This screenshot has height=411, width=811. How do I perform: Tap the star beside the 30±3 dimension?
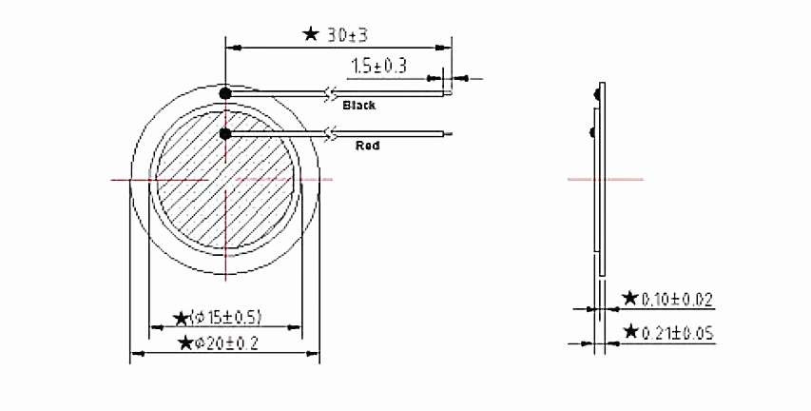tap(311, 34)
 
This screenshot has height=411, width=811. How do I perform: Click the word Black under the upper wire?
tap(358, 106)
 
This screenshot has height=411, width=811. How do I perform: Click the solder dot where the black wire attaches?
tap(225, 93)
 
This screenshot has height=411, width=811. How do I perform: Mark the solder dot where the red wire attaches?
tap(225, 133)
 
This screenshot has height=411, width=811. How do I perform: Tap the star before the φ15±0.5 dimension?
tap(181, 318)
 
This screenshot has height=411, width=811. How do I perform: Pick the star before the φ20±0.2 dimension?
tap(185, 342)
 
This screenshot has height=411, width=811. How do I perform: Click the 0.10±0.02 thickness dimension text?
tap(676, 299)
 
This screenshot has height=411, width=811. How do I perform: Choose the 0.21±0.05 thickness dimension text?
tap(676, 333)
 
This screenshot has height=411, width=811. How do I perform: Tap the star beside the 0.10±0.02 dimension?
tap(629, 299)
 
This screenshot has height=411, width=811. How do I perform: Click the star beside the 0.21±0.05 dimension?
tap(629, 333)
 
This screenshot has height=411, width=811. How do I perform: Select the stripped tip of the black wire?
tap(447, 94)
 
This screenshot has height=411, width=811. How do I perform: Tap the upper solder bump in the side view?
tap(594, 93)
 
